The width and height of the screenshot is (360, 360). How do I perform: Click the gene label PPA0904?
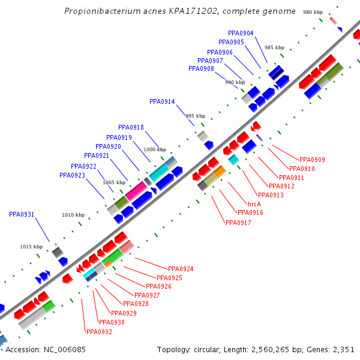(241, 34)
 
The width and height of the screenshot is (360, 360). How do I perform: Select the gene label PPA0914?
(162, 102)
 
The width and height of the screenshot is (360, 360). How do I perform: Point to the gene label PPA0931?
(22, 214)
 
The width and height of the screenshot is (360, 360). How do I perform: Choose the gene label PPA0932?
(99, 332)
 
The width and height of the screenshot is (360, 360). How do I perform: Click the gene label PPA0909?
(312, 160)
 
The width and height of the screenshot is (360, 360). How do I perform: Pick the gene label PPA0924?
(181, 269)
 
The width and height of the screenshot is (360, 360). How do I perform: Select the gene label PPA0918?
(131, 128)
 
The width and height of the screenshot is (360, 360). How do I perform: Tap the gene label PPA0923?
(72, 176)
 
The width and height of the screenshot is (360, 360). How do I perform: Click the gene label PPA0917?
(238, 223)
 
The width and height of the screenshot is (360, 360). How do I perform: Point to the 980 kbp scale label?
(313, 12)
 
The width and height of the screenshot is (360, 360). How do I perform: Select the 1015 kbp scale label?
(31, 247)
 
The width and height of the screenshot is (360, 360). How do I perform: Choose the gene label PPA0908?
(201, 69)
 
